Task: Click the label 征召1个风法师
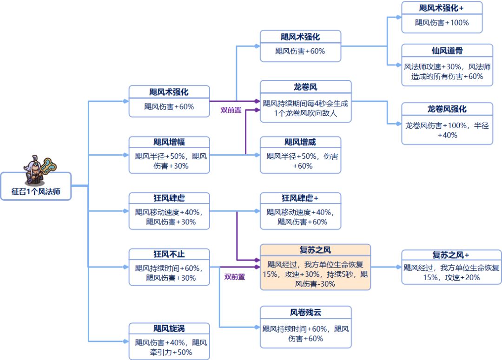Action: [36, 191]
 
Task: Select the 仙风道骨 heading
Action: [447, 50]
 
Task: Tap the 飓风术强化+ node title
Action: [442, 8]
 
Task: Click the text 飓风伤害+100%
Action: [442, 22]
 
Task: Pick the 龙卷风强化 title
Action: [447, 109]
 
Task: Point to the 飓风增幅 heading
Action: [169, 142]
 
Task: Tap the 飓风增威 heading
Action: [300, 142]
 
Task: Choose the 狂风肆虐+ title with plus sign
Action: [300, 198]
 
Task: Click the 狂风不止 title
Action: [169, 255]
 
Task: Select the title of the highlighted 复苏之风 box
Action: [315, 250]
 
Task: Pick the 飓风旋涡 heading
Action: [169, 329]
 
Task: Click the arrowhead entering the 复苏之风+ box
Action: [398, 268]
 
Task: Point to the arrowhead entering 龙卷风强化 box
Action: [398, 124]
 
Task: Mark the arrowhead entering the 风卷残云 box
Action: [257, 327]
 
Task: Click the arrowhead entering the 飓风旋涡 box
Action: [125, 342]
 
